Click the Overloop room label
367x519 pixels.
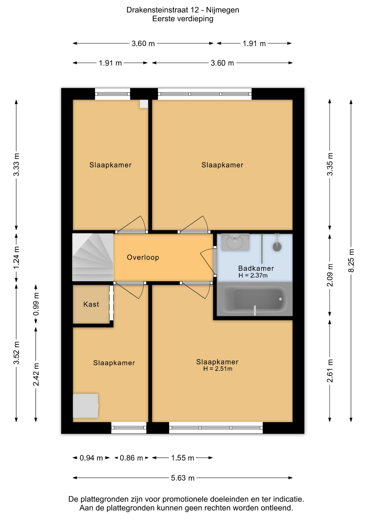coord(143,257)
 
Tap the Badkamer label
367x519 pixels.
coord(256,268)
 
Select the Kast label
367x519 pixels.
coord(91,304)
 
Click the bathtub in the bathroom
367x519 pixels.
coord(255,299)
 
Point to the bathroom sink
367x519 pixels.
coord(235,242)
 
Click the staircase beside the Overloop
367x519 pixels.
coord(93,257)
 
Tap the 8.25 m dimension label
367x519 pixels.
coord(351,261)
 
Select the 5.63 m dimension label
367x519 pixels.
coord(183,478)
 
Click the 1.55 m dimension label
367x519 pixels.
coord(183,458)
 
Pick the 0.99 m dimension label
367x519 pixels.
coord(36,304)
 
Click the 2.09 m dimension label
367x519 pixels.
coord(330,275)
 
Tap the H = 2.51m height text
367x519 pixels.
coord(218,369)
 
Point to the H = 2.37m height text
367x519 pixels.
coord(253,275)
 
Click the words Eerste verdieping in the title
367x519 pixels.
coord(183,19)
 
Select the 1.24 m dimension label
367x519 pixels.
coord(16,258)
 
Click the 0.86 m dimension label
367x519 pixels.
coord(131,458)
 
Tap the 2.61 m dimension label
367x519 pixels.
coord(330,371)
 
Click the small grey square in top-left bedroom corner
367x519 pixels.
coord(144,104)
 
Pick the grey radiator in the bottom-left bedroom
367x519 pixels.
coord(86,406)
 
